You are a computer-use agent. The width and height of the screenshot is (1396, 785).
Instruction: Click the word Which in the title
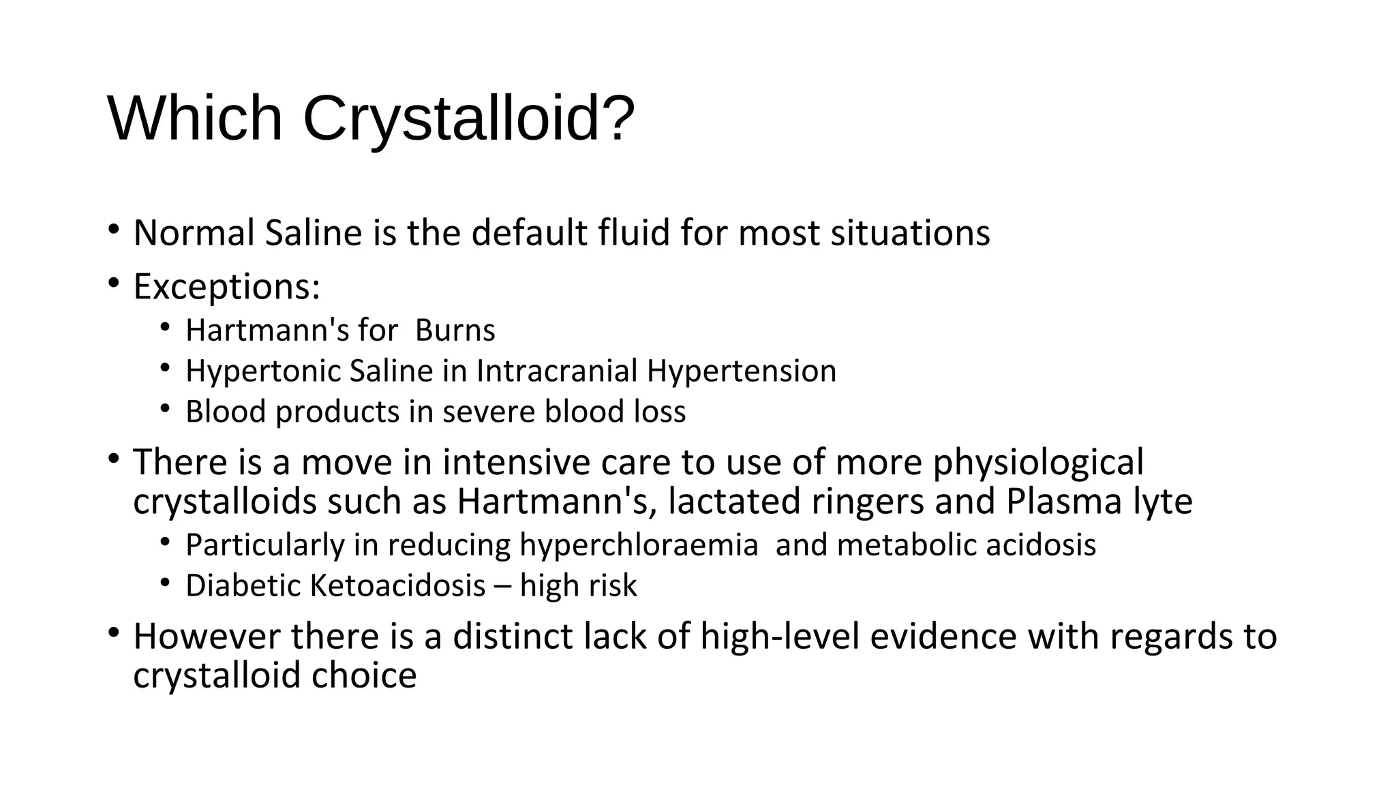point(195,118)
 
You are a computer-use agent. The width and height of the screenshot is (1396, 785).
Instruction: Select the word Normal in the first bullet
point(194,233)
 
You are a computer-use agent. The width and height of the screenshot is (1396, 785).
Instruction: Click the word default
point(529,233)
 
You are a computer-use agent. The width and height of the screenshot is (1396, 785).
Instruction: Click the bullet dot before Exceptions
point(113,281)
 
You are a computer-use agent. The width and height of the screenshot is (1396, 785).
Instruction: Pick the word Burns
point(455,331)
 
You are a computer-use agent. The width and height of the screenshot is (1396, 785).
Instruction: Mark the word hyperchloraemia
point(639,546)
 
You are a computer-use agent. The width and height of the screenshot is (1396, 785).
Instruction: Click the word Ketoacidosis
point(397,586)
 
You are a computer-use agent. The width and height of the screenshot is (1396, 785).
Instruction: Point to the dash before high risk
point(502,587)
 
